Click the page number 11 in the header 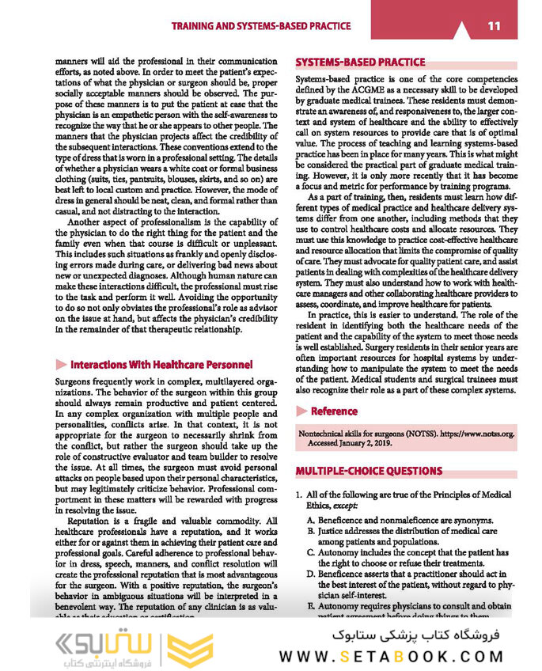[494, 26]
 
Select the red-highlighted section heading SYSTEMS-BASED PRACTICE [360, 62]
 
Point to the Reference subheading [334, 411]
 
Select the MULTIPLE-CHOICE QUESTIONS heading [369, 471]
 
